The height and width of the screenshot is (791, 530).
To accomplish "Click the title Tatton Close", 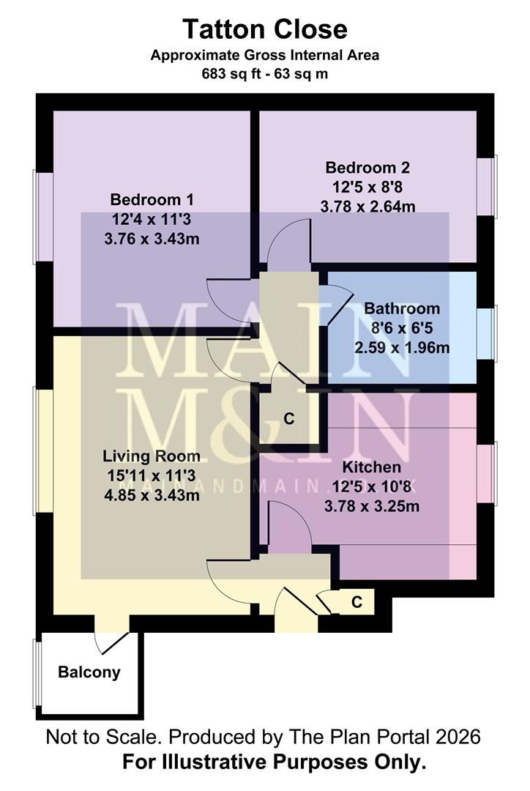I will click(264, 30).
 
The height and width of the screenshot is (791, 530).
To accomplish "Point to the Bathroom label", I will click(402, 308).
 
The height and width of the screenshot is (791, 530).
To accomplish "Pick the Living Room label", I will click(152, 456).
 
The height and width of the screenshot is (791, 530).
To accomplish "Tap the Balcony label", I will click(89, 672).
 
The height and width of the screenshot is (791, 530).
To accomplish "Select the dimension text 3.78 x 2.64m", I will click(367, 207).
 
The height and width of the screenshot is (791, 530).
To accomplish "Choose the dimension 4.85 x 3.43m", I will click(152, 495).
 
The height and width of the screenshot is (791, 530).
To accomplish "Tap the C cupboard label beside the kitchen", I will click(288, 419).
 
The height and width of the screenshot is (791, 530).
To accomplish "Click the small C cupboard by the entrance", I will click(357, 602).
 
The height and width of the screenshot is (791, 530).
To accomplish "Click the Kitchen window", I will click(493, 473).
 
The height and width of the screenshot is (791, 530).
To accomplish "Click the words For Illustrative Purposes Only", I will click(274, 762).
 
